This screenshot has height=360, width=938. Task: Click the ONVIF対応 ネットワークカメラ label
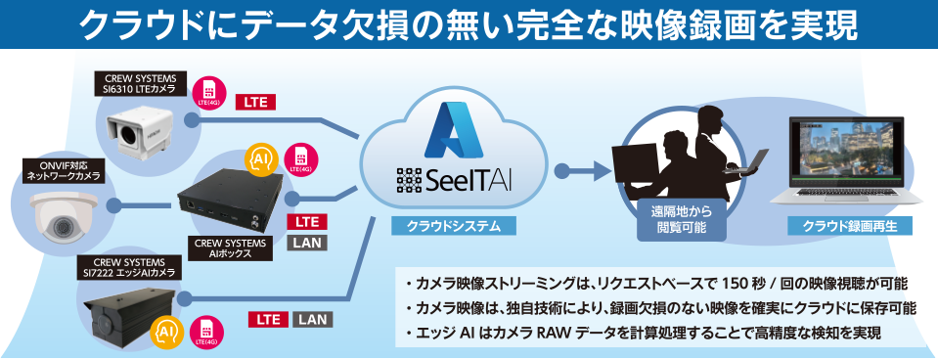[x=62, y=172]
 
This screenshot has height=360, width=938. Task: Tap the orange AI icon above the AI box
[x=262, y=158]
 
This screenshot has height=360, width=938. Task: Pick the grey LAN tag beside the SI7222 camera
[x=313, y=319]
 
